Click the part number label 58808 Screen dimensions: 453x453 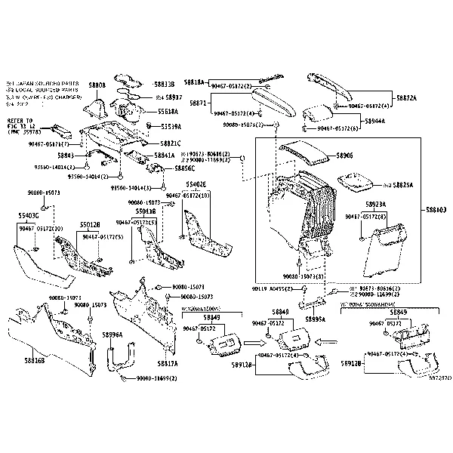click(x=97, y=85)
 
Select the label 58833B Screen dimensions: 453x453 click(x=164, y=85)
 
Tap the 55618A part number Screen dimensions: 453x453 click(x=169, y=111)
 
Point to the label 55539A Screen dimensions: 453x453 click(x=169, y=127)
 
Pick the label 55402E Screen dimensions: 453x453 click(x=196, y=184)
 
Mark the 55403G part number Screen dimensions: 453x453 click(x=29, y=215)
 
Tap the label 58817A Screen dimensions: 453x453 click(x=167, y=363)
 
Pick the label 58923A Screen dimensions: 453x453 click(x=376, y=205)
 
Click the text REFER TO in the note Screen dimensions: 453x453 click(x=19, y=119)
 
